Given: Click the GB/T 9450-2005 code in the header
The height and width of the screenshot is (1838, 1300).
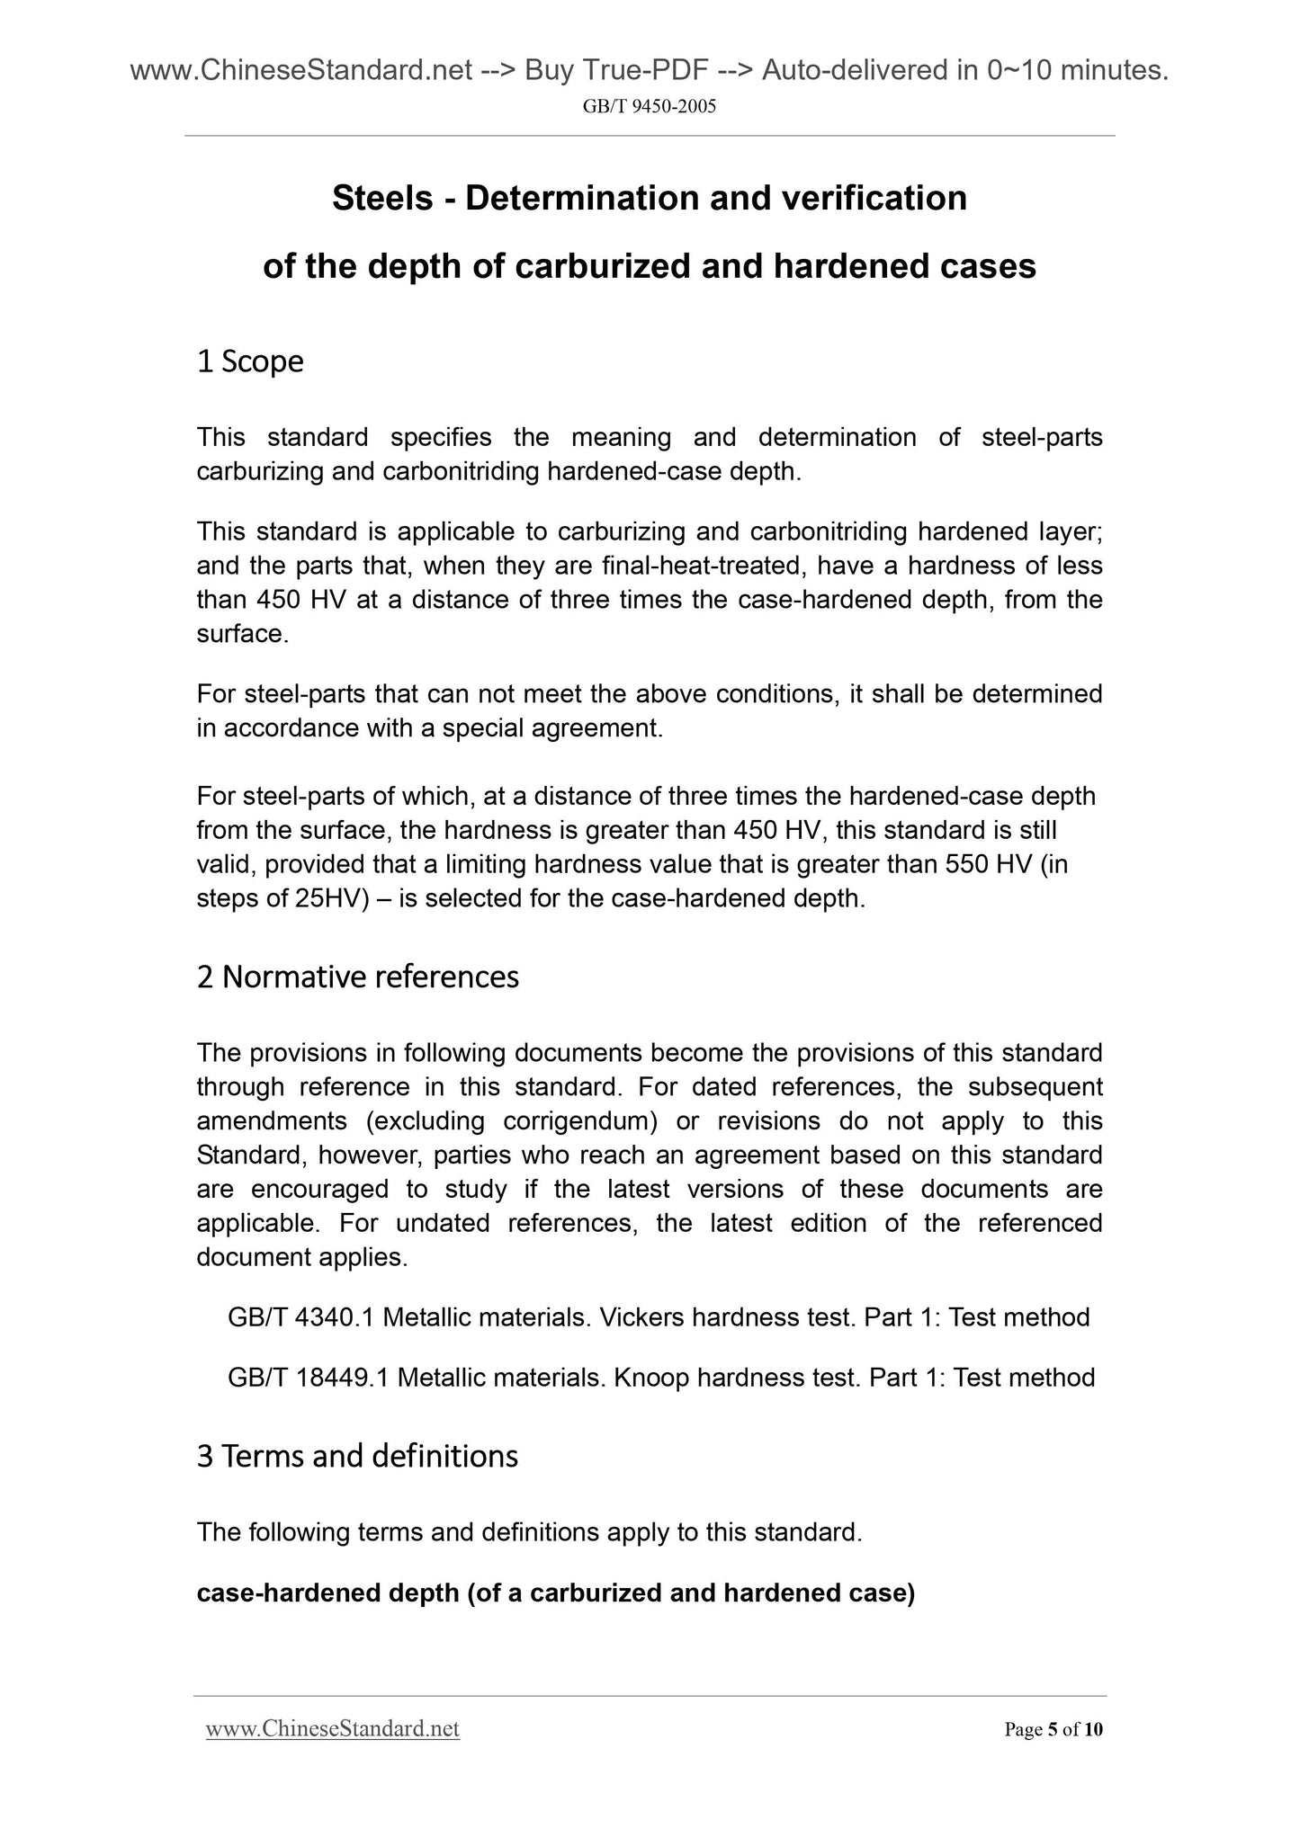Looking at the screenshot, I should (650, 107).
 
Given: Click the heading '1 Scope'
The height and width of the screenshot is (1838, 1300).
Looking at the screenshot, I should (250, 361).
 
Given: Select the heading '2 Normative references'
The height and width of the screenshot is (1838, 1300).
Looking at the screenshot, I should (357, 977).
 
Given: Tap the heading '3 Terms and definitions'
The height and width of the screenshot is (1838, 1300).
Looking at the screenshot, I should (357, 1456).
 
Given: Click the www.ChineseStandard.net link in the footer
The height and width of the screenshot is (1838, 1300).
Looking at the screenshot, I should (333, 1729).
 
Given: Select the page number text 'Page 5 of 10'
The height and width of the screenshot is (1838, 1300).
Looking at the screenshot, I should (1053, 1730).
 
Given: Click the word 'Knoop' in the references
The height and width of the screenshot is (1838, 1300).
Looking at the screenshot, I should (651, 1378).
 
